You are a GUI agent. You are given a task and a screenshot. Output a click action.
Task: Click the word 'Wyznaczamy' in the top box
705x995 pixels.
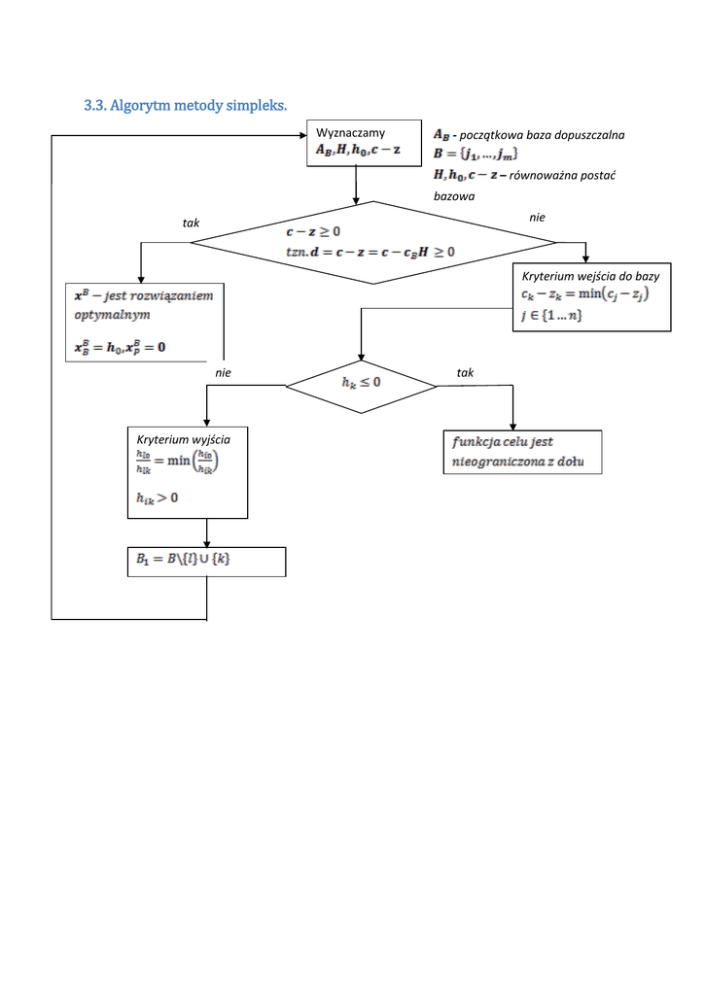point(350,133)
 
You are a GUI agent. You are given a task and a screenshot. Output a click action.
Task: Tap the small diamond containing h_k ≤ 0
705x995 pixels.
point(362,383)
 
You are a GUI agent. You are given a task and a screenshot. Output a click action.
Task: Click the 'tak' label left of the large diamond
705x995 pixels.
point(191,223)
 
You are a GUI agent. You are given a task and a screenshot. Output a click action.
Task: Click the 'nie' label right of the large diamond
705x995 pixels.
point(537,218)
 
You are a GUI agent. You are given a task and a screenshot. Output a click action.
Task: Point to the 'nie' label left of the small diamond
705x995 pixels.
point(223,372)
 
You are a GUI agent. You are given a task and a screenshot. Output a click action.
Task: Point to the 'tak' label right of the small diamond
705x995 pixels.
point(465,372)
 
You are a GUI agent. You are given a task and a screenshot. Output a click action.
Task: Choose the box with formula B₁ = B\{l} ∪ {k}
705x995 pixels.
point(206,562)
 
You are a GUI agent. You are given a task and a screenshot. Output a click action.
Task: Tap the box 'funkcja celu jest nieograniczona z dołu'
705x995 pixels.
point(522,453)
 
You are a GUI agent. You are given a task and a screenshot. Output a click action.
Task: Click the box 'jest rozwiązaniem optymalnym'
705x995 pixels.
point(145,323)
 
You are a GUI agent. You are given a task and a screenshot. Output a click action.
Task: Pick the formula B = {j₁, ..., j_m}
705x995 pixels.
point(476,154)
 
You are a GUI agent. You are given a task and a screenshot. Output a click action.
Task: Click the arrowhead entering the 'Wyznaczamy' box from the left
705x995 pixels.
point(302,136)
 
